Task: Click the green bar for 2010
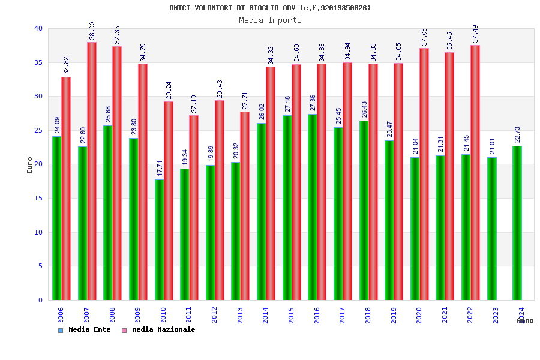point(159,240)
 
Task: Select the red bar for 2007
point(92,171)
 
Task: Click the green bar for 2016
point(313,207)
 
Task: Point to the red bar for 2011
point(194,208)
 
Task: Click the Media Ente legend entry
point(85,330)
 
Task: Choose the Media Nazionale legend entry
point(158,330)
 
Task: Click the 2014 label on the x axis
point(266,316)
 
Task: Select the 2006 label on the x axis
point(61,316)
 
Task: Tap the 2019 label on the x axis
point(394,316)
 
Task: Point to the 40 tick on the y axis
point(38,29)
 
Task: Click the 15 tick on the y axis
point(38,199)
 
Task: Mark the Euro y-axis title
point(30,165)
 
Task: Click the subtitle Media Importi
point(270,20)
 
